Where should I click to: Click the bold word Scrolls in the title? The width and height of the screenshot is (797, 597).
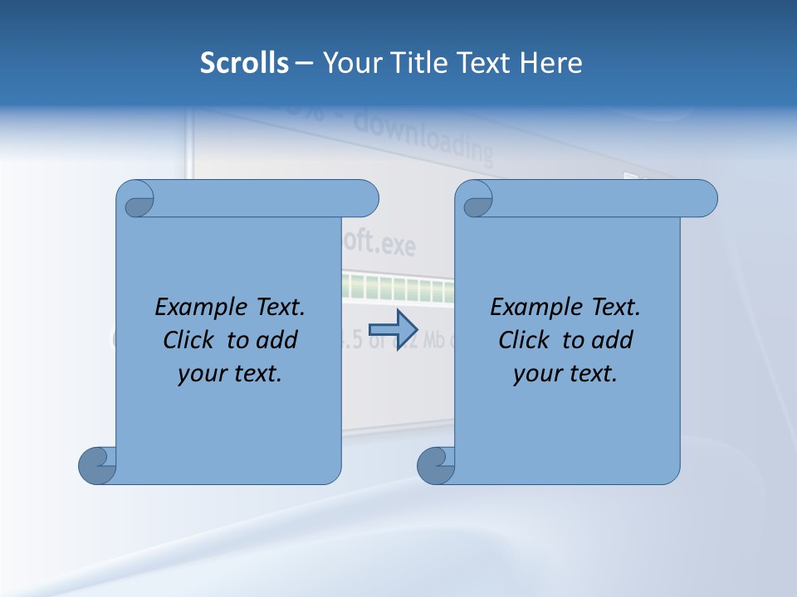(245, 63)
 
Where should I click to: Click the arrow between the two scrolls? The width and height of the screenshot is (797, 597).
(393, 329)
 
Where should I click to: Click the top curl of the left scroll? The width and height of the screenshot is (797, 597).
(136, 199)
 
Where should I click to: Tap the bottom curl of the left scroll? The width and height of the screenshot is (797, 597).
(97, 465)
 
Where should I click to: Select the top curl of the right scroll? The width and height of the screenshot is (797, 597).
(476, 199)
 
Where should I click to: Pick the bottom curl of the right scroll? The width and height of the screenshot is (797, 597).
(436, 465)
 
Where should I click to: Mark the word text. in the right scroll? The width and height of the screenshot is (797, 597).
(591, 374)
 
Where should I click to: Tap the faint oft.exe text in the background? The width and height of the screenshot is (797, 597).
(378, 245)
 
